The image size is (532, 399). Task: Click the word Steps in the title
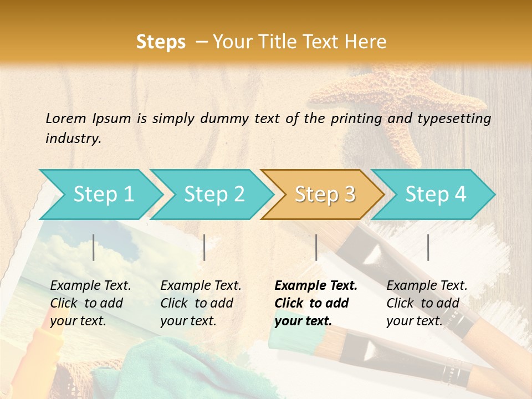(161, 42)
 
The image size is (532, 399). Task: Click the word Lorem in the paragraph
(65, 118)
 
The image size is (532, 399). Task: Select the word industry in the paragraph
(73, 139)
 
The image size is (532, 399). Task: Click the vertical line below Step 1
(94, 247)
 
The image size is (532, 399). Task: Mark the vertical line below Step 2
(204, 247)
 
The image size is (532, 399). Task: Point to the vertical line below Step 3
(316, 247)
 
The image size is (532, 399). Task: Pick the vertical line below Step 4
(428, 247)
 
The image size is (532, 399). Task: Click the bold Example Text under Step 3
(316, 286)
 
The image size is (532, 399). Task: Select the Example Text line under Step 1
(90, 286)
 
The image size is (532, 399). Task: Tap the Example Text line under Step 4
(427, 286)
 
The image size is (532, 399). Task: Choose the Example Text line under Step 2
(201, 286)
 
